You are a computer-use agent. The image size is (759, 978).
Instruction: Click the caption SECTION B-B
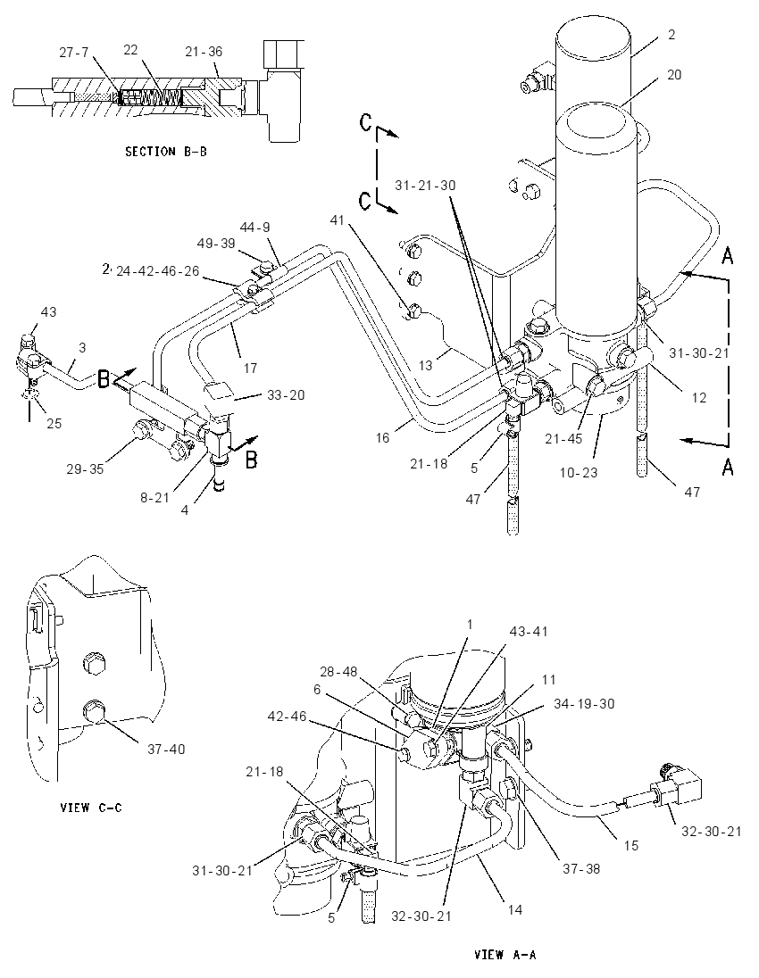pyautogui.click(x=166, y=152)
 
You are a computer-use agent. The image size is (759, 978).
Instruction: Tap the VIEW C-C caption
pyautogui.click(x=91, y=808)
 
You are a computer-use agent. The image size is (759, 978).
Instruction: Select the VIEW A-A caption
pyautogui.click(x=505, y=954)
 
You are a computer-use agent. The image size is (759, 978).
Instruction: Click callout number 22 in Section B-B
pyautogui.click(x=129, y=49)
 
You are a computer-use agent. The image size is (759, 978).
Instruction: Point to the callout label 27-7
pyautogui.click(x=74, y=53)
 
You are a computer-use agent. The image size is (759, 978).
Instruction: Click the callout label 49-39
pyautogui.click(x=216, y=244)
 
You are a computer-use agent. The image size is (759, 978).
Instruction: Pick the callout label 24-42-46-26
pyautogui.click(x=157, y=271)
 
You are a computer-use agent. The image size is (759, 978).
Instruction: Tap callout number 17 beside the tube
pyautogui.click(x=250, y=368)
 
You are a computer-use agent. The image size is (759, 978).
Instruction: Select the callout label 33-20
pyautogui.click(x=285, y=394)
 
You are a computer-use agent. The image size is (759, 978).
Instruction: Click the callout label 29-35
pyautogui.click(x=86, y=468)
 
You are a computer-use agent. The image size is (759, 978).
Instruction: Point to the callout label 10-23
pyautogui.click(x=578, y=472)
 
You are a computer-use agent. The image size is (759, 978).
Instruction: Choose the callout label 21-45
pyautogui.click(x=563, y=438)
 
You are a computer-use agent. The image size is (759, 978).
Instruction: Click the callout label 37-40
pyautogui.click(x=166, y=749)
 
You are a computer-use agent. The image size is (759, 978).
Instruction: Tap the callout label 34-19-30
pyautogui.click(x=584, y=703)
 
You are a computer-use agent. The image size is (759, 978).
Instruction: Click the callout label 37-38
pyautogui.click(x=581, y=868)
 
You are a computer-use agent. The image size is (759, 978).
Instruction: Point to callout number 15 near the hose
pyautogui.click(x=631, y=845)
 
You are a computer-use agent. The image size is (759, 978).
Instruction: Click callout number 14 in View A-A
pyautogui.click(x=514, y=910)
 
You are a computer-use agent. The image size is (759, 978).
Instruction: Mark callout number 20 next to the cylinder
pyautogui.click(x=674, y=74)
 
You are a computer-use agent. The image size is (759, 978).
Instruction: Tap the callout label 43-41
pyautogui.click(x=528, y=631)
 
